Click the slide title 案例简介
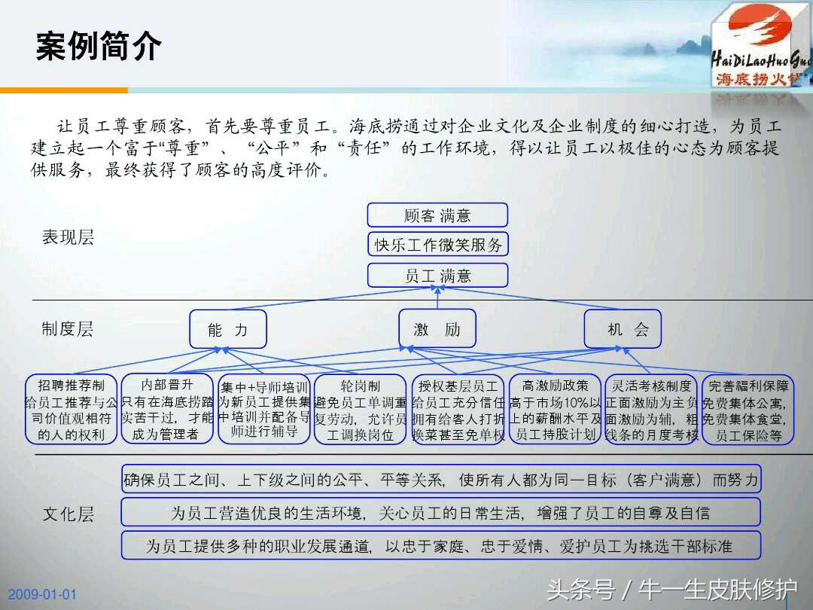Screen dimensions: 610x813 coord(99,47)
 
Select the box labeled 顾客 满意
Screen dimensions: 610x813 coord(437,215)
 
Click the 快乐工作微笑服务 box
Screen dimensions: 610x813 coord(437,245)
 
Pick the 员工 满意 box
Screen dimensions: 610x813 coord(437,276)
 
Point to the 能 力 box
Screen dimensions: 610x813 coord(227,329)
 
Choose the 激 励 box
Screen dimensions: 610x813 coord(437,328)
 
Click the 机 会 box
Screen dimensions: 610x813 coord(623,328)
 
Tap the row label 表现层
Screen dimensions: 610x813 coord(68,238)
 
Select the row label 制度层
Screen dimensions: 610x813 coord(68,329)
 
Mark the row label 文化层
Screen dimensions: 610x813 coord(68,514)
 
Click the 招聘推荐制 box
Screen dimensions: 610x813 coord(72,410)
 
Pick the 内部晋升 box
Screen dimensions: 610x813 coord(167,408)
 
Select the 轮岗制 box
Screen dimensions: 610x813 coord(361,410)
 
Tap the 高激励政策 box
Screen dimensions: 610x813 coord(555,410)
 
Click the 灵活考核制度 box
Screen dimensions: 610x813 coord(651,410)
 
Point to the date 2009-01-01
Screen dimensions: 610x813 coord(43,594)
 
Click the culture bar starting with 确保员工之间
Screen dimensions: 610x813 coord(441,479)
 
